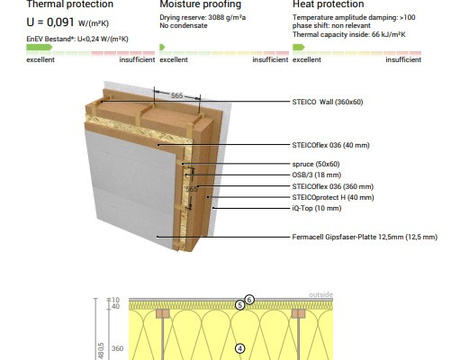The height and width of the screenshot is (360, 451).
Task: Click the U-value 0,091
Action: click(x=60, y=22)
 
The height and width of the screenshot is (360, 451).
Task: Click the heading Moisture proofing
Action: click(x=201, y=4)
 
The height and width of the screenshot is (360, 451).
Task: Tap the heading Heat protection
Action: click(x=329, y=4)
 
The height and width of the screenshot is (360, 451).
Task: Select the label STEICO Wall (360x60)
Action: click(x=328, y=102)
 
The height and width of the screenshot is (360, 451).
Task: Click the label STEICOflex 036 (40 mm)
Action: click(x=331, y=145)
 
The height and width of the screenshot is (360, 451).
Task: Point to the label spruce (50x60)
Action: click(x=316, y=164)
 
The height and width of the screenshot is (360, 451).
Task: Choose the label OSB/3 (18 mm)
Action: click(x=317, y=175)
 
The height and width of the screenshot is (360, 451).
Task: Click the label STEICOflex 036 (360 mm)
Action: click(x=333, y=186)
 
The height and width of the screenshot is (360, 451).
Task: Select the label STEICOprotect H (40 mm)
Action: click(x=333, y=197)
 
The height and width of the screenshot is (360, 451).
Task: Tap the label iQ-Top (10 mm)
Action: click(x=317, y=208)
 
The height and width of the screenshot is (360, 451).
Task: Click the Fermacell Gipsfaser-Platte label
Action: click(x=365, y=237)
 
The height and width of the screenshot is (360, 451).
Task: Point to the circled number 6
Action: click(x=249, y=300)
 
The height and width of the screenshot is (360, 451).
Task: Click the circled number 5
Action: click(x=239, y=305)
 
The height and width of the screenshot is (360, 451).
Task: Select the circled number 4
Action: click(x=239, y=348)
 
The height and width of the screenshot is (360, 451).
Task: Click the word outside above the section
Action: click(x=320, y=294)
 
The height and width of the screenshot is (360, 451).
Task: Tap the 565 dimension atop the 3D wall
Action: click(x=177, y=95)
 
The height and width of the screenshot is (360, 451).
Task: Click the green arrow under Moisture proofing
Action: click(x=162, y=47)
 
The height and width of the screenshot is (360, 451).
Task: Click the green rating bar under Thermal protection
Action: click(x=40, y=47)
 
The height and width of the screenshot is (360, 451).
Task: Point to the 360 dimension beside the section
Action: click(x=117, y=348)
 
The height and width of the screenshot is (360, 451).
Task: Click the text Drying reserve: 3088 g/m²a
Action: click(x=203, y=17)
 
